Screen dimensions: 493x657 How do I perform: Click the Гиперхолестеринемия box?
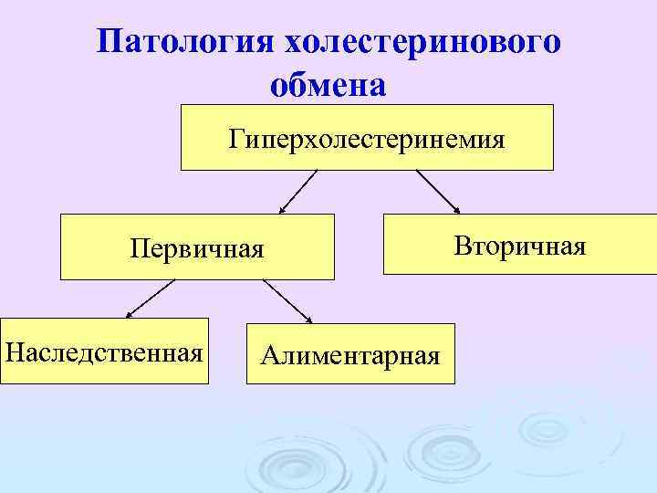(x=367, y=138)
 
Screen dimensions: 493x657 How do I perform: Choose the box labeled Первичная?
(x=197, y=246)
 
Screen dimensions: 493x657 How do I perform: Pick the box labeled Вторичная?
(x=519, y=245)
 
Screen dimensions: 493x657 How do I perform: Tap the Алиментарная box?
(x=350, y=353)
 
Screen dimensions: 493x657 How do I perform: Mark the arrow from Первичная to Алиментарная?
(x=287, y=300)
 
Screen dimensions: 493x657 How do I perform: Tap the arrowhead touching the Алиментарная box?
(x=308, y=319)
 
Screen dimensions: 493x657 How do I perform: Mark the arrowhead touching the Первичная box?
(x=282, y=210)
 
